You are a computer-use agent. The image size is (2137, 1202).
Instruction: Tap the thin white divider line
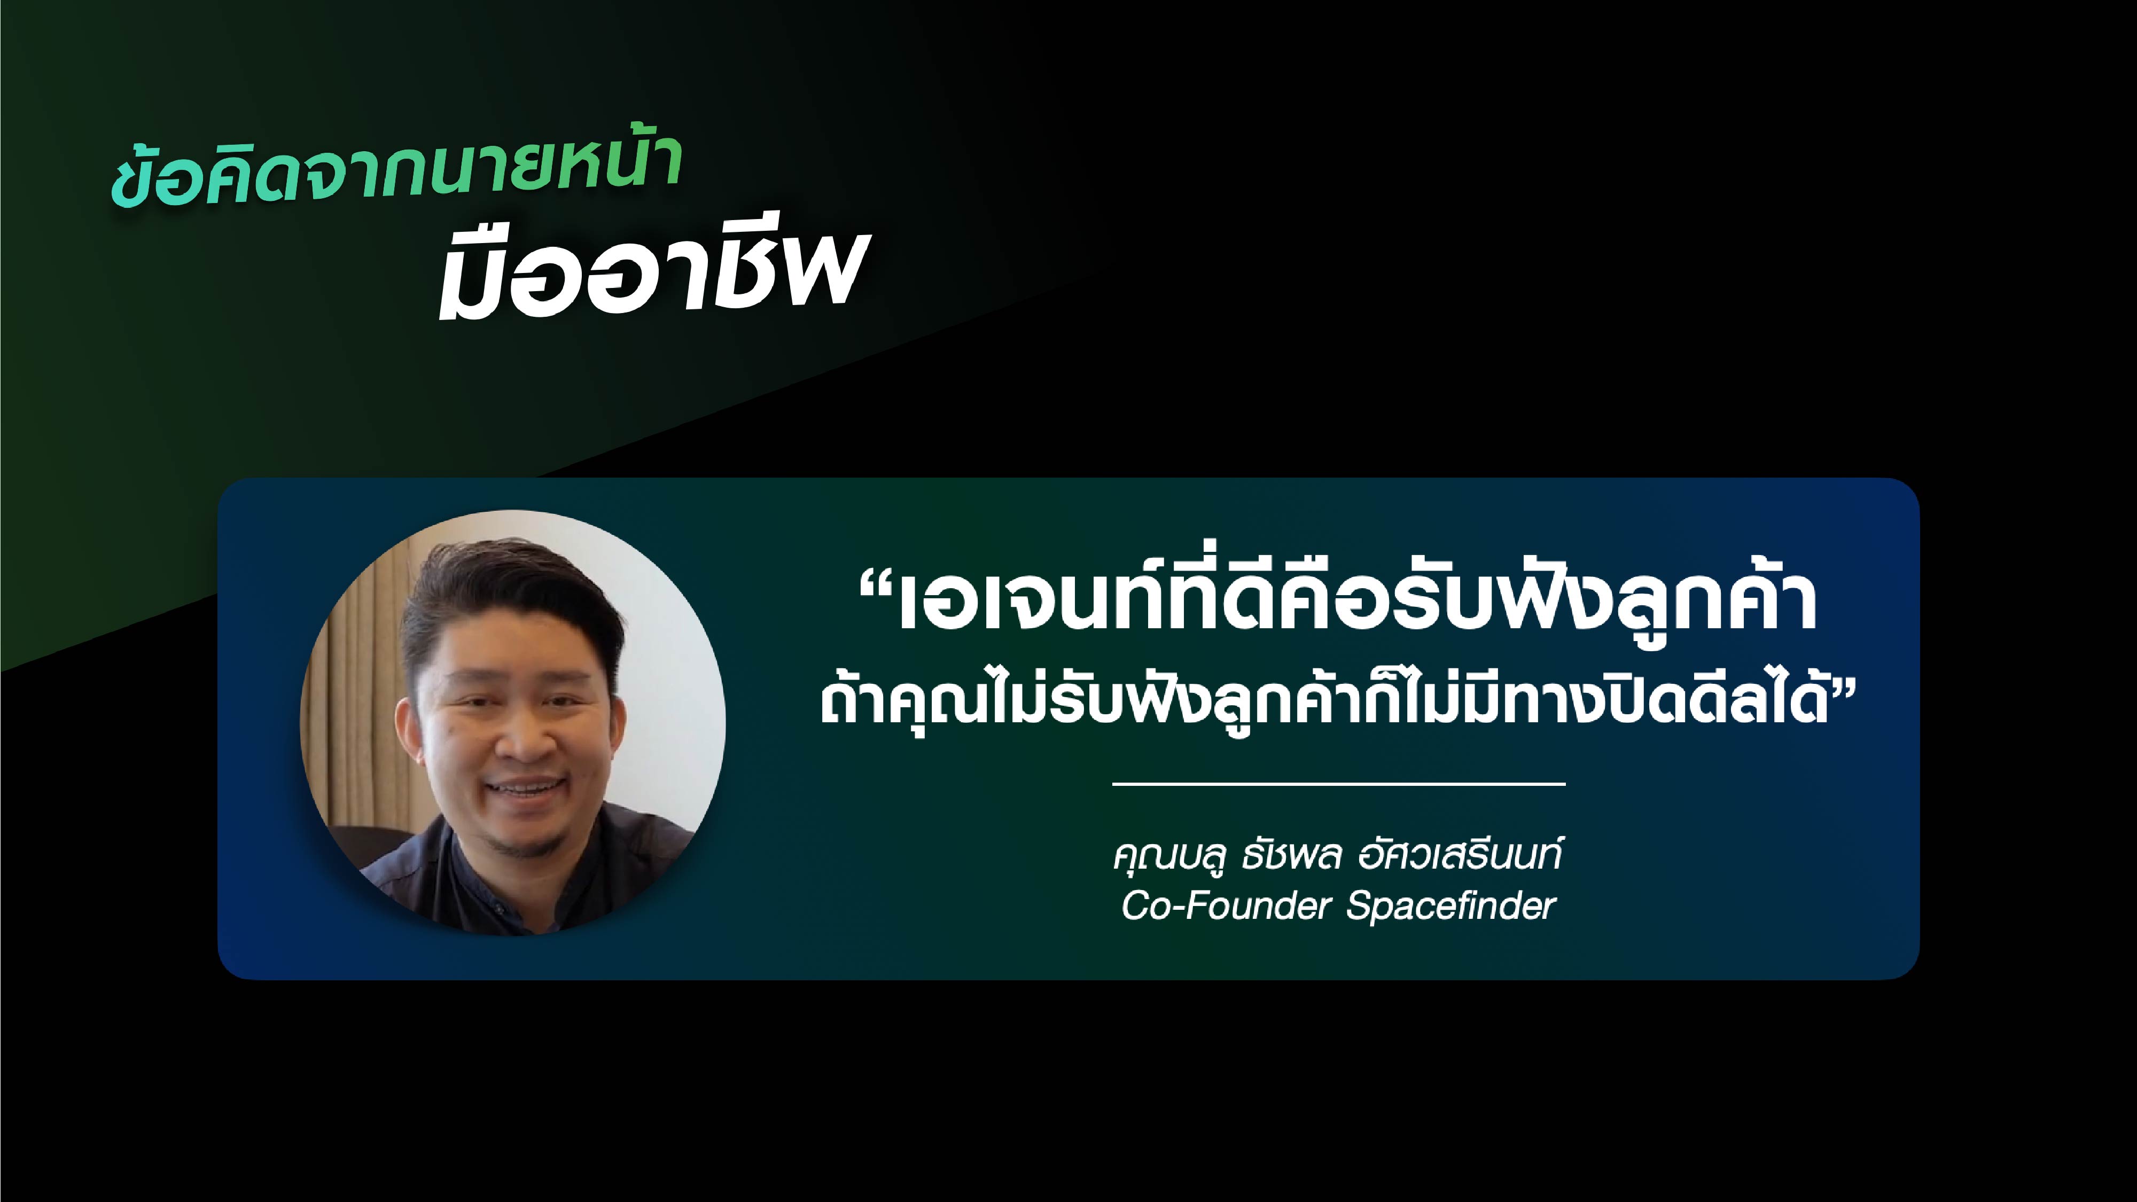coord(1338,783)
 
